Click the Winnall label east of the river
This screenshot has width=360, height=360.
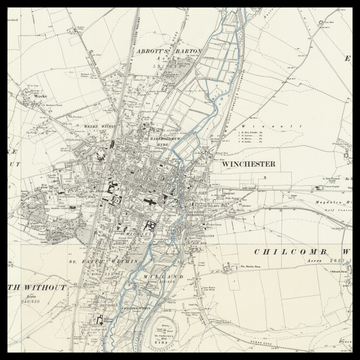coord(270,127)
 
